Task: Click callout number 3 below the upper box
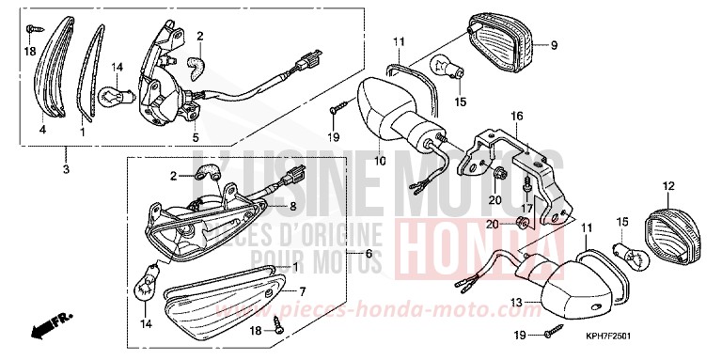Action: tap(66, 169)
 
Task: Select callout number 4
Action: tap(42, 130)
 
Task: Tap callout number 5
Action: tap(196, 137)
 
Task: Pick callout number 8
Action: tap(292, 205)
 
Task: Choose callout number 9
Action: tap(554, 44)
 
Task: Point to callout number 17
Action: tap(528, 209)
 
